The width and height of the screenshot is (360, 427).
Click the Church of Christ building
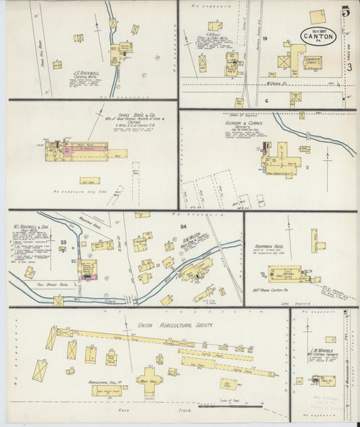312,63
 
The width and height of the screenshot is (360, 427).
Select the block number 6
267,100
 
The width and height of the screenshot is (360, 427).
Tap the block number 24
182,227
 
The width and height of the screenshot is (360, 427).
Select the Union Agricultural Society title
176,326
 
